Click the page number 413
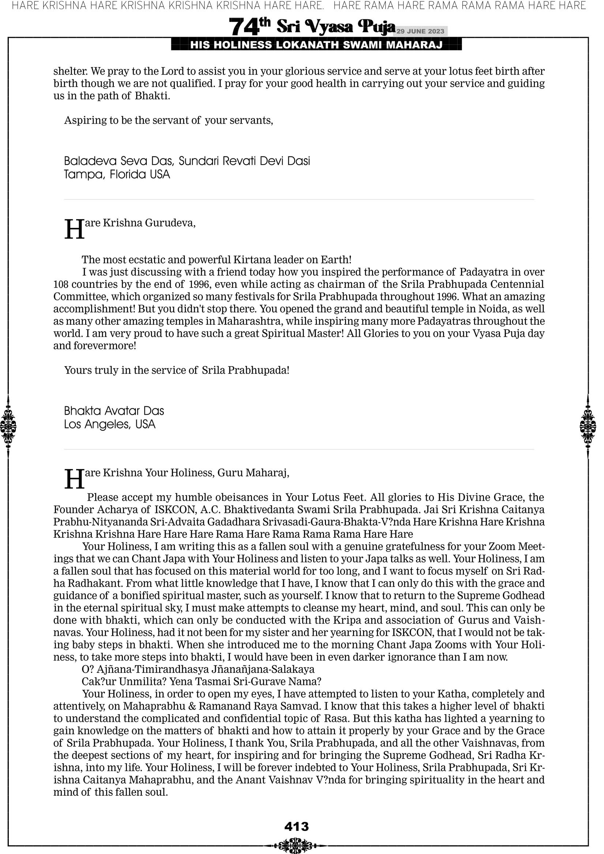[x=296, y=826]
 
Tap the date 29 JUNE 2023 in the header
[x=420, y=31]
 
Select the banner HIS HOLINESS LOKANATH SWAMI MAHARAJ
[x=316, y=45]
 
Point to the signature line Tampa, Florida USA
[x=117, y=174]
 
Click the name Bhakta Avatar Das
[x=114, y=411]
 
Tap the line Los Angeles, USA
[x=109, y=424]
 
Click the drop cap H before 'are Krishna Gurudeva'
[x=74, y=229]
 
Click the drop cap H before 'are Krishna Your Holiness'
[x=74, y=479]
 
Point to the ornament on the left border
[x=8, y=426]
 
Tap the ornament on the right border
[x=588, y=426]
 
